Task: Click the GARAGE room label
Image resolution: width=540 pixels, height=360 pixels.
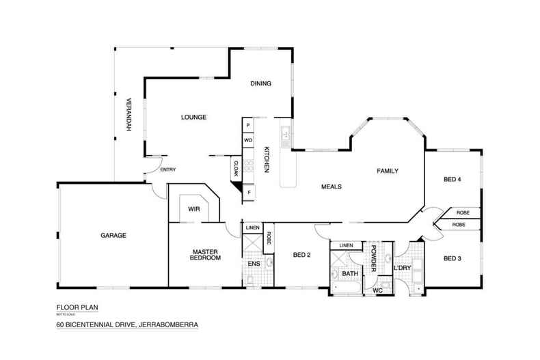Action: [x=114, y=236]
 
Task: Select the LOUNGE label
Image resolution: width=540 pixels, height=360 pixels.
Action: [x=193, y=117]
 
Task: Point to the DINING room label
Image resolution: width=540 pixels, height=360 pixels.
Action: [x=260, y=84]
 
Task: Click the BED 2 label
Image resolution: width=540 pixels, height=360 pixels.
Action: [x=301, y=255]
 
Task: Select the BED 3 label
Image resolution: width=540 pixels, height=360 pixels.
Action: [x=453, y=258]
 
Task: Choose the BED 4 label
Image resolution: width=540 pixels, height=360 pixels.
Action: [x=453, y=180]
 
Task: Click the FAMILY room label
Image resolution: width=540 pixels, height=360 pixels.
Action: [x=386, y=171]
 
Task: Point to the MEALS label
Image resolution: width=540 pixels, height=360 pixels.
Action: [x=331, y=186]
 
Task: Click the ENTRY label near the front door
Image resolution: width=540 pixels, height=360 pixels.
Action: [x=167, y=170]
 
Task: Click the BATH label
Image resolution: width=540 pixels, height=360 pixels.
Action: [x=350, y=273]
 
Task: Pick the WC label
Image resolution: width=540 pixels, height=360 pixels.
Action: [x=377, y=290]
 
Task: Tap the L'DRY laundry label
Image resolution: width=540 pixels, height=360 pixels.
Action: [x=402, y=268]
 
